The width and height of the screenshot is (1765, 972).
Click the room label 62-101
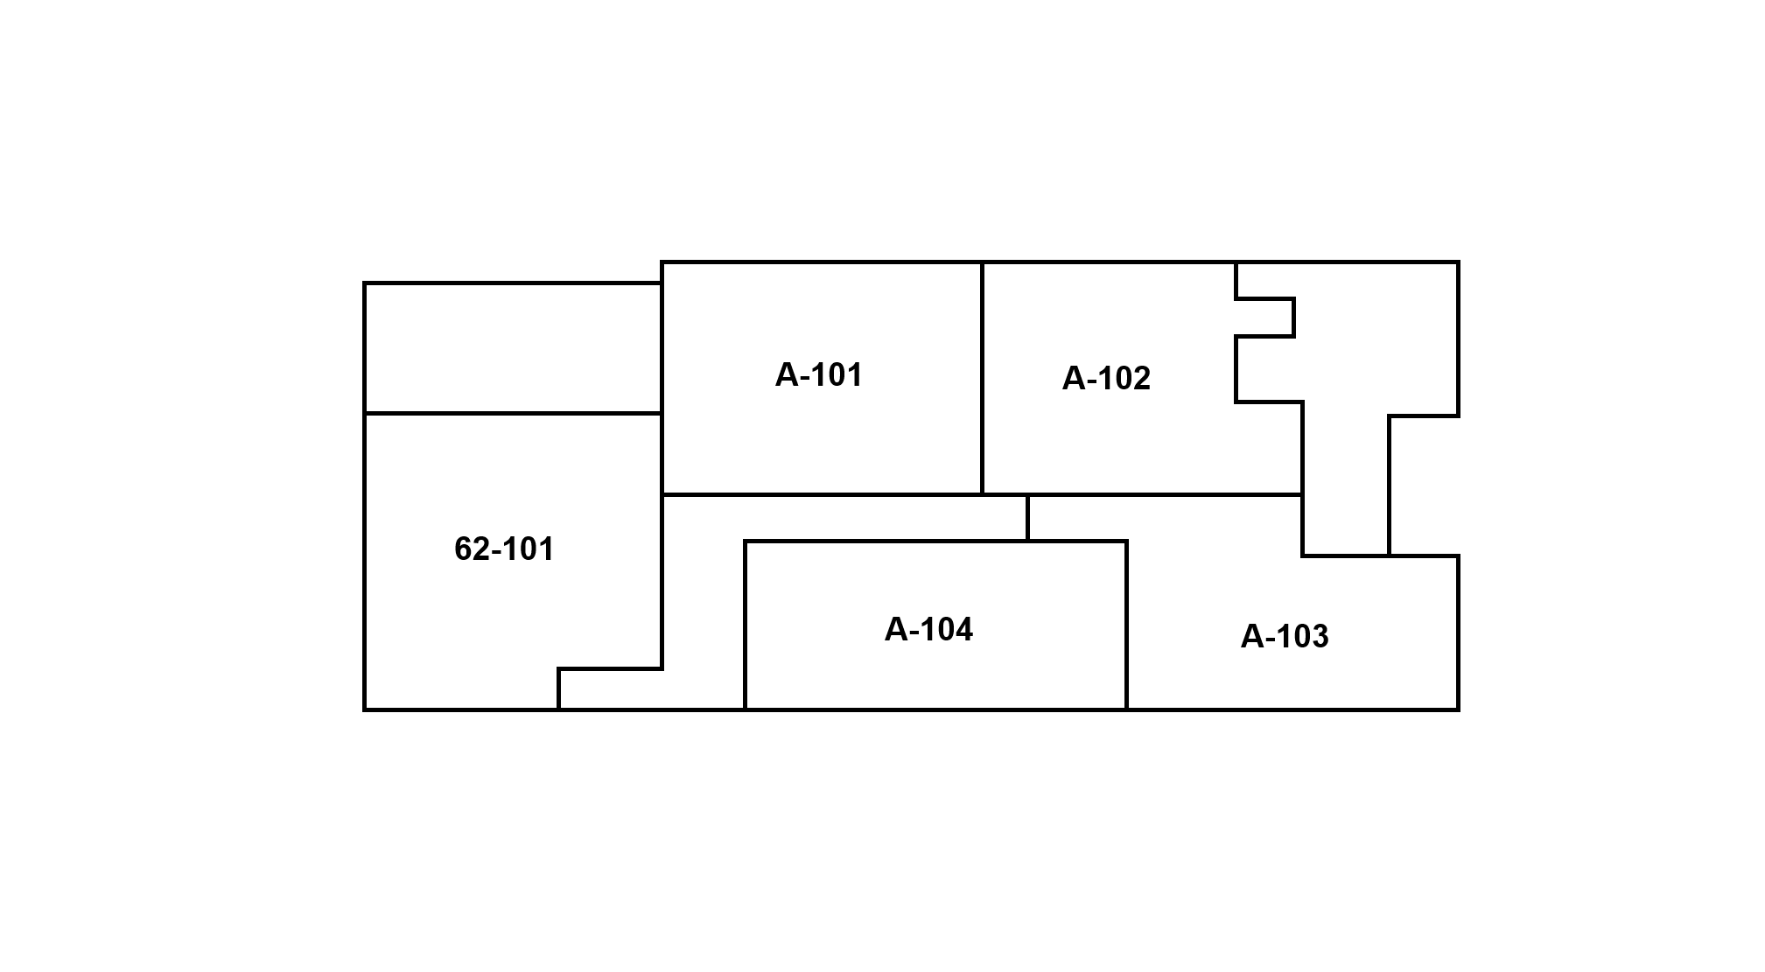tap(504, 549)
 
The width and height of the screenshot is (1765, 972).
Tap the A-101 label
tap(819, 375)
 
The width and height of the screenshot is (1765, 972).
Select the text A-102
tap(1106, 379)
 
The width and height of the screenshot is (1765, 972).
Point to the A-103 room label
tap(1285, 637)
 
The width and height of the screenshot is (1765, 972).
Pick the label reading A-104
tap(928, 630)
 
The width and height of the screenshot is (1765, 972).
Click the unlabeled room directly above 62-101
tap(513, 347)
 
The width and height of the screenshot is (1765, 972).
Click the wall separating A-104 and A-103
tap(1126, 626)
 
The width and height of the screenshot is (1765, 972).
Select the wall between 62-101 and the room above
tap(513, 413)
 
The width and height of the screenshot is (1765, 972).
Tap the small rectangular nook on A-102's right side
tap(1264, 318)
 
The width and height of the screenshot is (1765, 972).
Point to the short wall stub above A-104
tap(1027, 518)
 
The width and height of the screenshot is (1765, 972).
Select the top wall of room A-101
tap(821, 262)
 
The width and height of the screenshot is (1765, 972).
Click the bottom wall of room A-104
tap(935, 710)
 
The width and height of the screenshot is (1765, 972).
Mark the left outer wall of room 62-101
tap(365, 560)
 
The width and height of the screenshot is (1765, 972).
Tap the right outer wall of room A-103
tap(1458, 633)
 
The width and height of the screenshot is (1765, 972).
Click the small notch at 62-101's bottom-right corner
tap(610, 689)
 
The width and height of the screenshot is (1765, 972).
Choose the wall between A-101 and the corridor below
tap(821, 494)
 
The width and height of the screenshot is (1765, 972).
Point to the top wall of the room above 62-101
tap(513, 283)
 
